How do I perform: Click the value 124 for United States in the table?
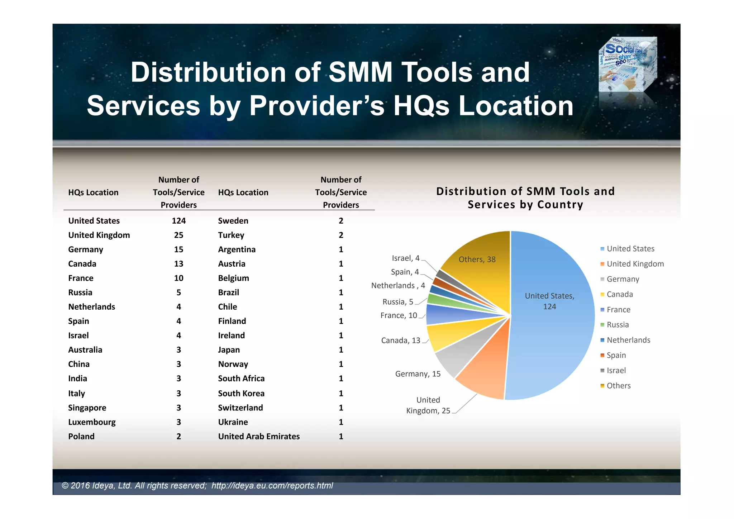(178, 221)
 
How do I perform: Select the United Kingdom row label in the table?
(99, 235)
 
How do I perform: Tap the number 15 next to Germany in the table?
(178, 249)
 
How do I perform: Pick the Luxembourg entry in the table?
(92, 422)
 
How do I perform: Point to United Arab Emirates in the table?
(259, 437)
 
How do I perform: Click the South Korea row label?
(241, 394)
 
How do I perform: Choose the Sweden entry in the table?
(233, 221)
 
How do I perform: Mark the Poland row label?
(81, 437)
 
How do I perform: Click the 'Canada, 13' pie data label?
(400, 341)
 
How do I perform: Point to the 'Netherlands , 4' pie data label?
(398, 286)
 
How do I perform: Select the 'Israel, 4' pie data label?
(405, 258)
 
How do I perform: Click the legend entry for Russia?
(617, 325)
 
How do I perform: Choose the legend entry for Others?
(618, 386)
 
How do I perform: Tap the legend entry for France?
(618, 310)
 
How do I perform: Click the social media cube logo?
(628, 65)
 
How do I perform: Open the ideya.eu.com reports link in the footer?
(272, 486)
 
